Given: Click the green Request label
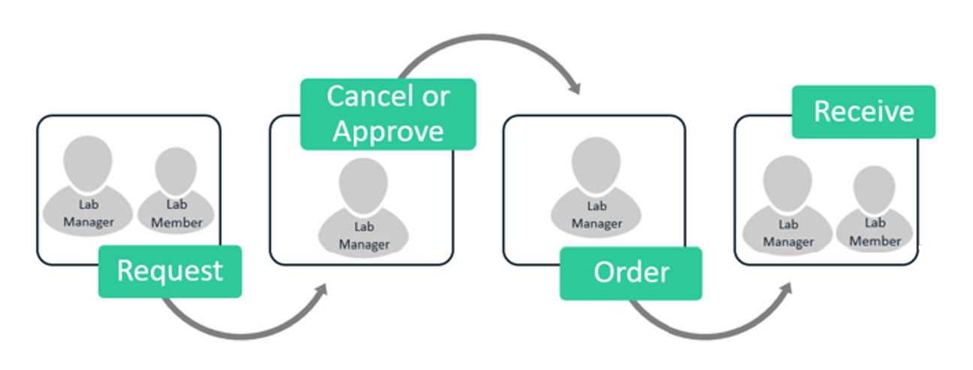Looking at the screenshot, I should coord(170,271).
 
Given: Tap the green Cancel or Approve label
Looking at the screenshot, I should coord(388,114).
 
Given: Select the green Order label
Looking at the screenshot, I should coord(630,273).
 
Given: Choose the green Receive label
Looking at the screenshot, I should coord(863,111).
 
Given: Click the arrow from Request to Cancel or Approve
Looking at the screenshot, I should coord(240,331).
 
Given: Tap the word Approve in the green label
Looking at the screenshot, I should coord(388,131).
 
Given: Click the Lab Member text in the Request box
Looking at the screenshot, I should coord(176,214).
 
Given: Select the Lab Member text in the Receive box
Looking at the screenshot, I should coord(875,232).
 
